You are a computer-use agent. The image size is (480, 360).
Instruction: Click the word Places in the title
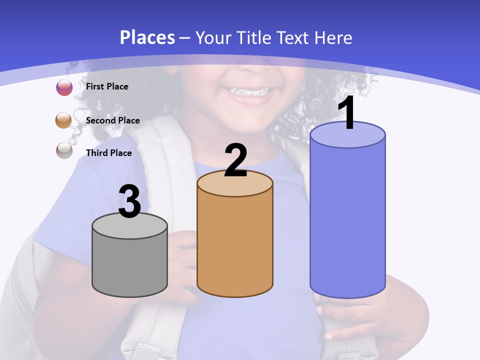(147, 37)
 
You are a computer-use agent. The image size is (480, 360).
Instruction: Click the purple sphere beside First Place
(64, 87)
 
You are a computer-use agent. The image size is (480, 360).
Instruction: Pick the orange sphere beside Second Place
(64, 120)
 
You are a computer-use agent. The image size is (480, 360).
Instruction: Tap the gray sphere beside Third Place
(64, 150)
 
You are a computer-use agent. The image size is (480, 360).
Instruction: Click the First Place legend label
(107, 86)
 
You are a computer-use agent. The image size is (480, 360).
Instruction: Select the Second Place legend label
(112, 120)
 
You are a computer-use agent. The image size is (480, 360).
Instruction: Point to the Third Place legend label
(108, 153)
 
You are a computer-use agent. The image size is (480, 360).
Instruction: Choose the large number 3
(129, 201)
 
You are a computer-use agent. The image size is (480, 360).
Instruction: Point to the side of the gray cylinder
(129, 265)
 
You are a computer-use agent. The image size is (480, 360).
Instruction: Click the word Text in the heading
(298, 37)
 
